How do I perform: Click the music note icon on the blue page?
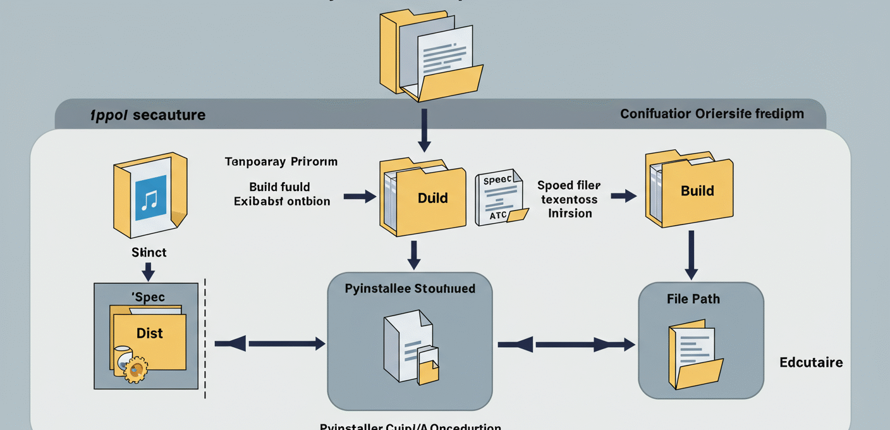149,200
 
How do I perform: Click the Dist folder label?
150,333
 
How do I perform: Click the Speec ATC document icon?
499,198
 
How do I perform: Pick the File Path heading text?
693,298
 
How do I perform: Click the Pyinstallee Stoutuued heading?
410,289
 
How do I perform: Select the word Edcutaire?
811,362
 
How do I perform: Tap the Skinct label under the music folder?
149,252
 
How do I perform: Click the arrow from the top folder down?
424,130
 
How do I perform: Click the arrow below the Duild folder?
413,255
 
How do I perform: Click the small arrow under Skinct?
149,271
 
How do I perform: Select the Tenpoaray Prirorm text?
281,162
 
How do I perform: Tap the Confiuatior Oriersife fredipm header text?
712,114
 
